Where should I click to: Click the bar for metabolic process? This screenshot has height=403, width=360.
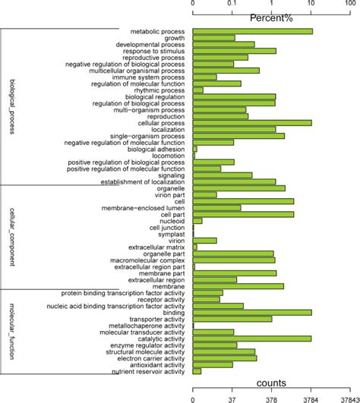[x=253, y=31]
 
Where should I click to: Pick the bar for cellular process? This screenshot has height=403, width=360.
[x=252, y=122]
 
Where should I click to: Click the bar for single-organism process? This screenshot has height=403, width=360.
[x=238, y=136]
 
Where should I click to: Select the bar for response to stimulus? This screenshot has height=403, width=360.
[x=235, y=51]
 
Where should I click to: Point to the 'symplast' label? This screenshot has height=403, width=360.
[x=171, y=234]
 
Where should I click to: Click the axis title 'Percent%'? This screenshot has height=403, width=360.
[x=271, y=17]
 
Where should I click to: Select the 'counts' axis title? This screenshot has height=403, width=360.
[x=271, y=383]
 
